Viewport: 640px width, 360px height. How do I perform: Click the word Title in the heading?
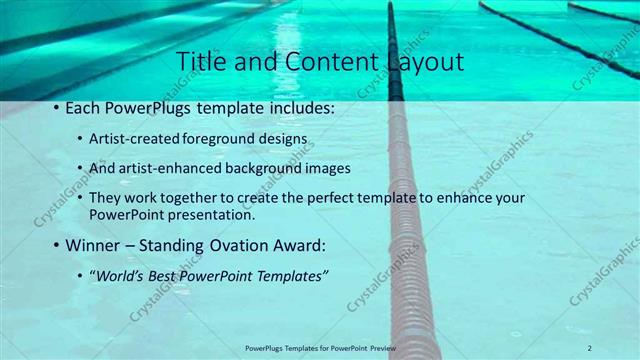(199, 61)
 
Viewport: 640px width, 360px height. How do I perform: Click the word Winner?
(95, 245)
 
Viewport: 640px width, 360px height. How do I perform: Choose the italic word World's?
(117, 275)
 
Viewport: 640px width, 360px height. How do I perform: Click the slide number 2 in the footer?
(590, 347)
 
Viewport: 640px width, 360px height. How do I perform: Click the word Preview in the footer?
(390, 347)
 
